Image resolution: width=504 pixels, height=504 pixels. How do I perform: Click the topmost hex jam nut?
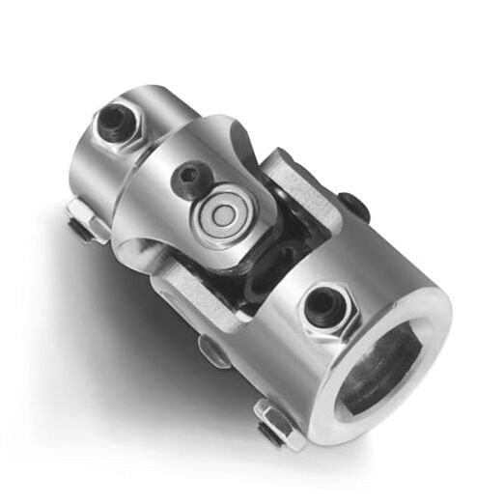coord(115,120)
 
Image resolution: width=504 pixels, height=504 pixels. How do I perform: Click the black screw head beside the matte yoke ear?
coord(352,206)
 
